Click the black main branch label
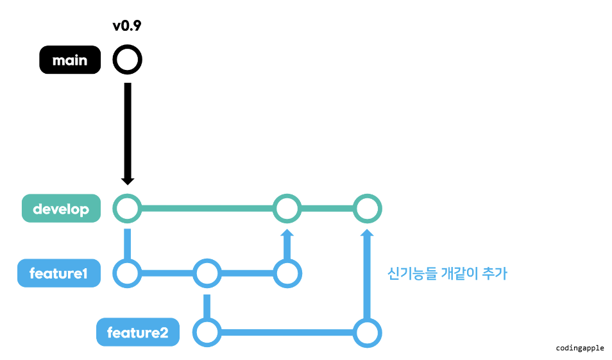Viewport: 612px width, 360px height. (70, 60)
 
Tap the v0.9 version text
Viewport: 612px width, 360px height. (127, 27)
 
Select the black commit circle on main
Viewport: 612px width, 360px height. (127, 60)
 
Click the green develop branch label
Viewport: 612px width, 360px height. (61, 209)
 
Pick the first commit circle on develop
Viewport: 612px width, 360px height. (127, 209)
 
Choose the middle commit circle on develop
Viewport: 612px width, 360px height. (287, 209)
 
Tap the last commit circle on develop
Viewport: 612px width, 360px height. (368, 209)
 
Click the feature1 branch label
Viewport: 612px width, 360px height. (59, 273)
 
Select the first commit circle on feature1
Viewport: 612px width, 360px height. (127, 273)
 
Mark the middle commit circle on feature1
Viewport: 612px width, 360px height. (207, 273)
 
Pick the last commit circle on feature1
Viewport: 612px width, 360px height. (287, 273)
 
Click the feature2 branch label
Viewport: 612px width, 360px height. (137, 333)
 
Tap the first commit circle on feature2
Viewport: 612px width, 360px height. (207, 333)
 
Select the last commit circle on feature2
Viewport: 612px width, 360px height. (368, 333)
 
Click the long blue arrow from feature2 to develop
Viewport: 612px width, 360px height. (368, 276)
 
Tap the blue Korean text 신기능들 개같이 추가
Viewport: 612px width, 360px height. (447, 274)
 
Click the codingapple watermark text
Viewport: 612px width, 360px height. (580, 347)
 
